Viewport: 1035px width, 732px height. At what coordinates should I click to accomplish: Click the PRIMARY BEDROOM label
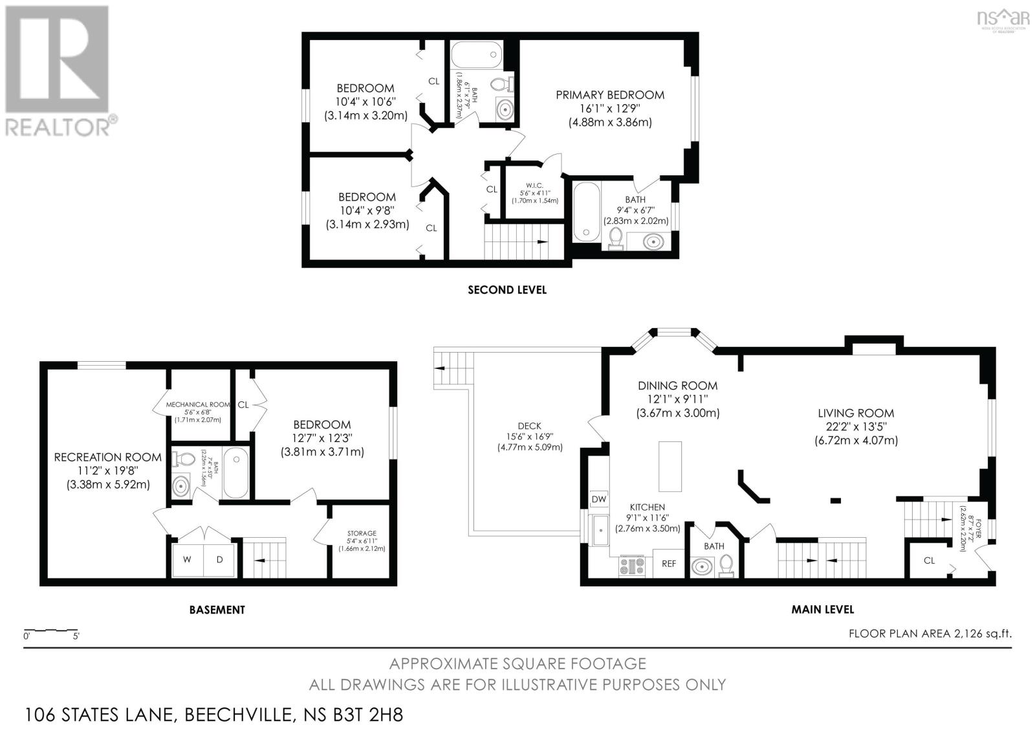(x=609, y=95)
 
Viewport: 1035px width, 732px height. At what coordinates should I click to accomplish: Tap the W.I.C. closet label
(x=534, y=186)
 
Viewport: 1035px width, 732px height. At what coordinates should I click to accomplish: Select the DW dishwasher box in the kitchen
(x=598, y=500)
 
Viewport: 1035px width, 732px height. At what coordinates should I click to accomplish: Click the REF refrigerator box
(x=668, y=564)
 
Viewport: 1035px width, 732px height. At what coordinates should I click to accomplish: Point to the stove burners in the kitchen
(x=630, y=566)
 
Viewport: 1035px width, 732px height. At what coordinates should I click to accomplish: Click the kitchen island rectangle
(x=671, y=466)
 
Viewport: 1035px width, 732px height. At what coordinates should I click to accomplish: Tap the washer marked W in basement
(x=187, y=559)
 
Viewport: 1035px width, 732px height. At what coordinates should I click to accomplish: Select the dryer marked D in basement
(x=220, y=559)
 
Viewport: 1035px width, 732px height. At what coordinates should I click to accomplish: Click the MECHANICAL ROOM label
(x=197, y=405)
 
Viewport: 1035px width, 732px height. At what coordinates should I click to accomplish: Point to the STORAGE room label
(x=362, y=533)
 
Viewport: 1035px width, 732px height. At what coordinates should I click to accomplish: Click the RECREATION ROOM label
(x=108, y=458)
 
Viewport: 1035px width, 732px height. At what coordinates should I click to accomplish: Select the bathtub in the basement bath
(x=235, y=472)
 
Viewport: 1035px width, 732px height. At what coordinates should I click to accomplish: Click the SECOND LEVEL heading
(x=507, y=290)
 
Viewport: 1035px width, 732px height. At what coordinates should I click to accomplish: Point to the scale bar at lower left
(x=50, y=630)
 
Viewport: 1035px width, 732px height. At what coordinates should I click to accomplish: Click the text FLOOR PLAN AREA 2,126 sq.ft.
(x=930, y=634)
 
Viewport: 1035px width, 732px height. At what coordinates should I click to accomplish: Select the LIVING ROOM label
(x=855, y=413)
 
